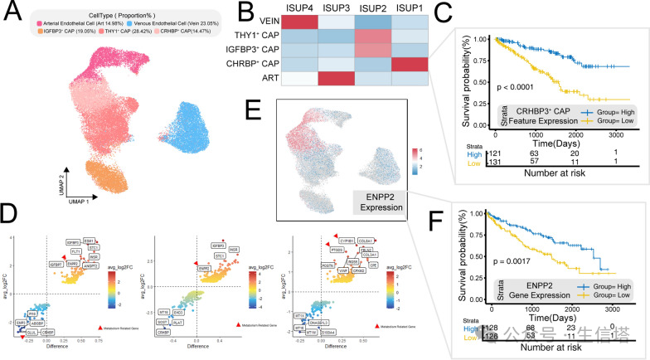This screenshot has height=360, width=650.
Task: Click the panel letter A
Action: [15, 14]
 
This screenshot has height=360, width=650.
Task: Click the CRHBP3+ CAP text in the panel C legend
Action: [546, 109]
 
